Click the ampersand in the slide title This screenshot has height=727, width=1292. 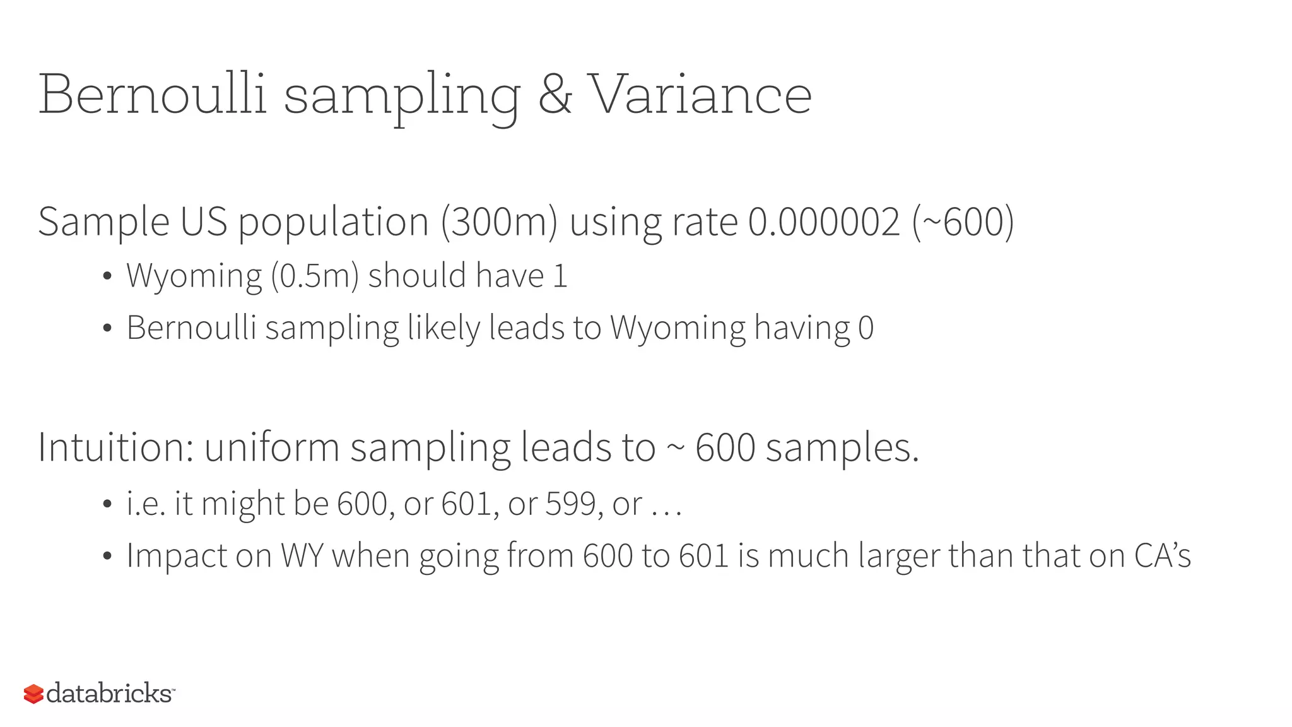tap(555, 95)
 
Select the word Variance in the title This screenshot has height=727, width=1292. tap(700, 95)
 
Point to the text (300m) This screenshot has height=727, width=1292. tap(499, 222)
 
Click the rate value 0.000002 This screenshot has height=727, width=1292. tap(824, 222)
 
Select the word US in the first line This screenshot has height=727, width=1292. tap(203, 222)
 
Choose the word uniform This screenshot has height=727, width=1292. tap(272, 447)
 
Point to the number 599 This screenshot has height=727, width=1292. tap(570, 504)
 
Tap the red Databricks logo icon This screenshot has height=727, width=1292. tap(33, 694)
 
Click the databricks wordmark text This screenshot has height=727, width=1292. tap(109, 693)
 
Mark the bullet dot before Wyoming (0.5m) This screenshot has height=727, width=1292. tap(107, 276)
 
